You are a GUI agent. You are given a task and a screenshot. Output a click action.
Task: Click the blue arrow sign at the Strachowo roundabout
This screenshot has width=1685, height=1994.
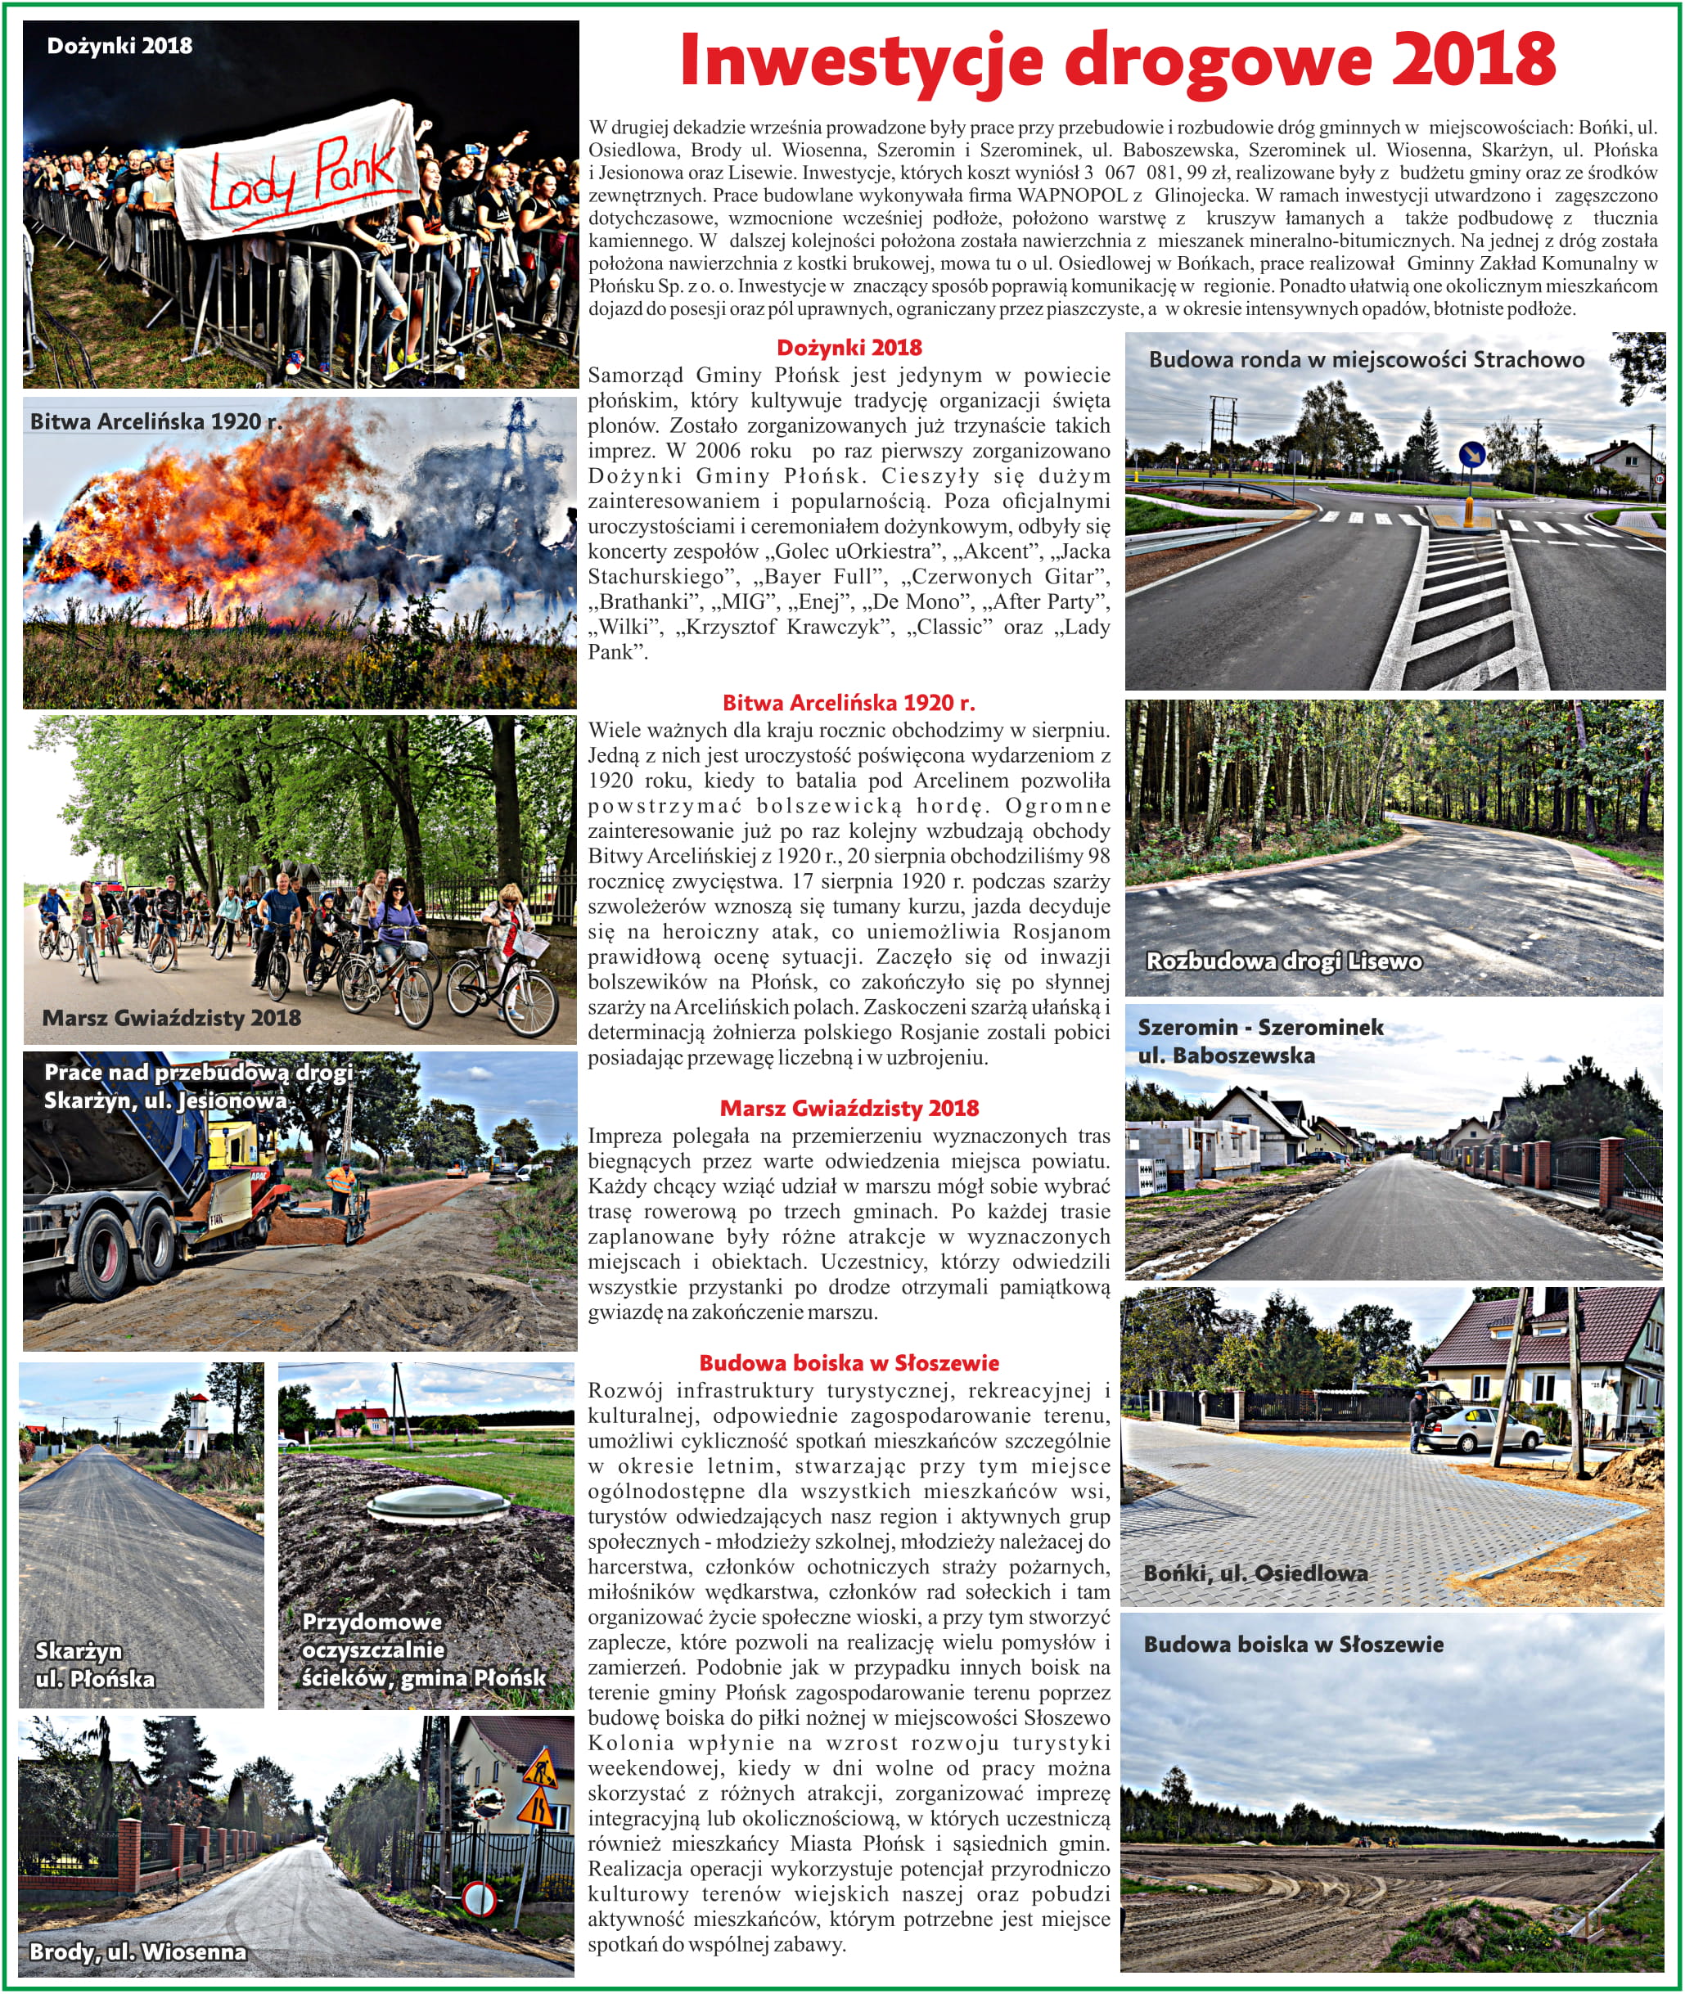click(1472, 456)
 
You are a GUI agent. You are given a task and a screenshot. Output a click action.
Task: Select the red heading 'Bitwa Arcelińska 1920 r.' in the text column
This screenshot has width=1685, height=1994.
click(849, 703)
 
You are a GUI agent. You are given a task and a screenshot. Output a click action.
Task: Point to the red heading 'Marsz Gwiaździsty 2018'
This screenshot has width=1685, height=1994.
click(849, 1108)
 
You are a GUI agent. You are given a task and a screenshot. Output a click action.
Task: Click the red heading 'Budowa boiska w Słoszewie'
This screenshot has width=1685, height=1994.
click(849, 1363)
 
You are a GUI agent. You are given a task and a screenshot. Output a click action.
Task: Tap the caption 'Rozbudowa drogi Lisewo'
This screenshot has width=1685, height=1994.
click(1283, 961)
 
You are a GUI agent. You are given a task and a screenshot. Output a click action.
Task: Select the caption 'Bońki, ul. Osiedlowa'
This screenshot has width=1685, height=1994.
click(1255, 1573)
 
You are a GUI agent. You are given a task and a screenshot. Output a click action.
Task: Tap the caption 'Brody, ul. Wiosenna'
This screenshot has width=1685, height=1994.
click(137, 1951)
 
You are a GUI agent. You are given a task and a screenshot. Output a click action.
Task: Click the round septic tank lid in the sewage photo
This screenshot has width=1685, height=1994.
click(439, 1506)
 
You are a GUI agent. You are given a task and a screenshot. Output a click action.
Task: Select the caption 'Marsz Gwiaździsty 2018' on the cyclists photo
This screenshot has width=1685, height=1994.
click(171, 1018)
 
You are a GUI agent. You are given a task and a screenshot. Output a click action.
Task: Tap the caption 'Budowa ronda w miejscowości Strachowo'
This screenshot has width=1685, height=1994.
click(1366, 360)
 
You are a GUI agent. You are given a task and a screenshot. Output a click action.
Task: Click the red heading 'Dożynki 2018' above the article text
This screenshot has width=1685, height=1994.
click(849, 348)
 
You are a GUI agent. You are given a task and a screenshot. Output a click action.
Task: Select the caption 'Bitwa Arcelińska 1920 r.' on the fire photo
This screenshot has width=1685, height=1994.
click(155, 421)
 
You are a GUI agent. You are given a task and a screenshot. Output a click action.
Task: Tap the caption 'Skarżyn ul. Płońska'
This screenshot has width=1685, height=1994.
click(95, 1664)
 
